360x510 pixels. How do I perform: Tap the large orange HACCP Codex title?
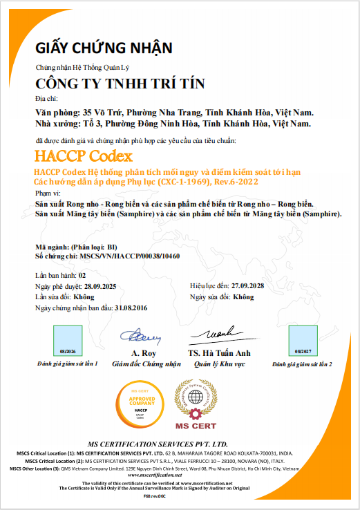click(x=83, y=155)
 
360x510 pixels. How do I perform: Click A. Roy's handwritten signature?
click(x=141, y=337)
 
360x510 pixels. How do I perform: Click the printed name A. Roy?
click(x=141, y=352)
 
